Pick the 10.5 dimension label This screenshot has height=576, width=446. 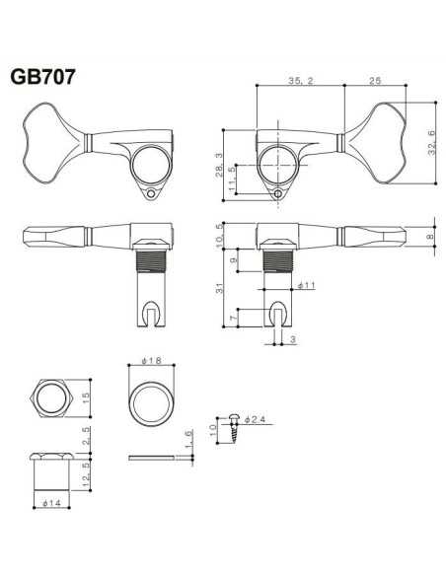219,233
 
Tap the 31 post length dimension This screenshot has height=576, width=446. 219,288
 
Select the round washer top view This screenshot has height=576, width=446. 151,399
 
